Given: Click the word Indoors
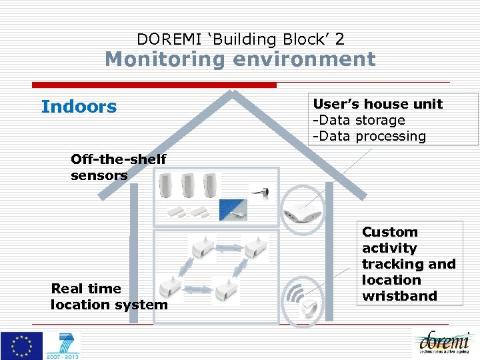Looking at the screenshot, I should tap(79, 107).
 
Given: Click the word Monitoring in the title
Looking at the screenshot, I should tap(165, 59).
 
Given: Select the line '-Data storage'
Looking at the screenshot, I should tap(359, 120).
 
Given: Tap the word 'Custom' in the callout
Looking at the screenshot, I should tap(390, 232).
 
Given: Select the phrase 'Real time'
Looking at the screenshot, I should tap(86, 289).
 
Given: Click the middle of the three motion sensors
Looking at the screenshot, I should tap(187, 187).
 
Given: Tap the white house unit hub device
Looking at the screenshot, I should tap(300, 213).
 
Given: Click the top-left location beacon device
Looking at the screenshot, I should tap(202, 248).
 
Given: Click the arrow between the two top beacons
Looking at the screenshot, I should tap(228, 248).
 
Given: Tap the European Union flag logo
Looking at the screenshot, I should tap(21, 346).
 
